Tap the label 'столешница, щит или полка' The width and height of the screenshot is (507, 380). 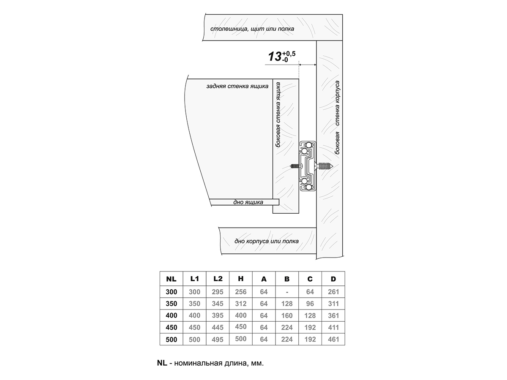[252, 29]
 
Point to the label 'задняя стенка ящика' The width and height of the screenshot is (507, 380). [237, 86]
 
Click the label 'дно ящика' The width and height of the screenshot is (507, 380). [248, 202]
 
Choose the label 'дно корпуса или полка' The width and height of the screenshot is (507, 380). [266, 242]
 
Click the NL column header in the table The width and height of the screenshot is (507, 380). [171, 279]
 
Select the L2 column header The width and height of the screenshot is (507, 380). [218, 279]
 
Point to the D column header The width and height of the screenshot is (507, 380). [333, 279]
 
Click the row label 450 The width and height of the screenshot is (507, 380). [171, 327]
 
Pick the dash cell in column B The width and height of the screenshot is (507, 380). [287, 292]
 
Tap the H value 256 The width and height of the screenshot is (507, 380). [241, 292]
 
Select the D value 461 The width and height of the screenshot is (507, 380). [333, 339]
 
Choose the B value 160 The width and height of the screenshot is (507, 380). [287, 315]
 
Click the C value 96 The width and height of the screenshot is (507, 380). [310, 304]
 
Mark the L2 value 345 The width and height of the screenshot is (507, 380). [218, 304]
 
